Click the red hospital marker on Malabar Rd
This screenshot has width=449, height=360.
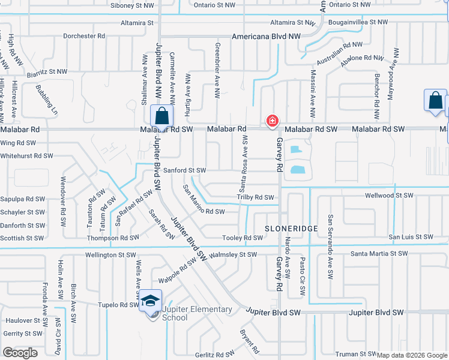pyautogui.click(x=273, y=121)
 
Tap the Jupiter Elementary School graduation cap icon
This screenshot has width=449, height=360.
pyautogui.click(x=151, y=299)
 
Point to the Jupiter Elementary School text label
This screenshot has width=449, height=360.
pyautogui.click(x=197, y=313)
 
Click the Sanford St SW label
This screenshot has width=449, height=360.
pyautogui.click(x=185, y=170)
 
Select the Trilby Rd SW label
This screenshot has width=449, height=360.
pyautogui.click(x=255, y=197)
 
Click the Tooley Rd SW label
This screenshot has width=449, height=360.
pyautogui.click(x=243, y=238)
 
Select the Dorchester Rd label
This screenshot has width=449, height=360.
pyautogui.click(x=84, y=36)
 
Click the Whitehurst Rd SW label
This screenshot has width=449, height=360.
pyautogui.click(x=26, y=156)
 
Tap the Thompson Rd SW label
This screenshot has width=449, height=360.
pyautogui.click(x=113, y=238)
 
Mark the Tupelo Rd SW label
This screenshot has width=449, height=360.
pyautogui.click(x=120, y=305)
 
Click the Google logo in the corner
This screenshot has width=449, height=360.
pyautogui.click(x=20, y=352)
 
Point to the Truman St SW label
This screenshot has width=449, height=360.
pyautogui.click(x=355, y=355)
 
